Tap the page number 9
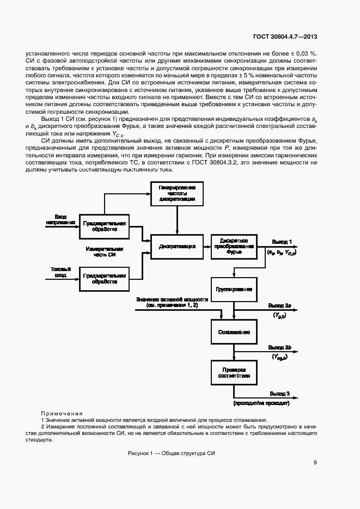(315, 463)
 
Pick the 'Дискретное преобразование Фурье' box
(233, 247)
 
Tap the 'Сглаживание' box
(233, 331)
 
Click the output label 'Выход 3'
(282, 393)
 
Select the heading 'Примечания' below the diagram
(62, 413)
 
